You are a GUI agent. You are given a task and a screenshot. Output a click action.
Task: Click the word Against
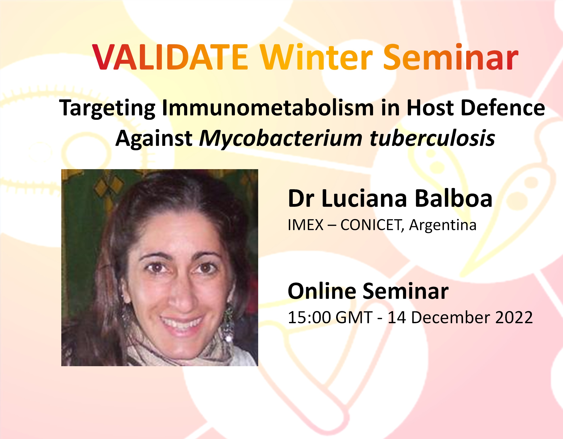click(154, 139)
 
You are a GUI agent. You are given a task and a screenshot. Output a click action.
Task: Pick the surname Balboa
click(454, 198)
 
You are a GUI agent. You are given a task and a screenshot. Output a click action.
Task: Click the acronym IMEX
click(305, 225)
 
